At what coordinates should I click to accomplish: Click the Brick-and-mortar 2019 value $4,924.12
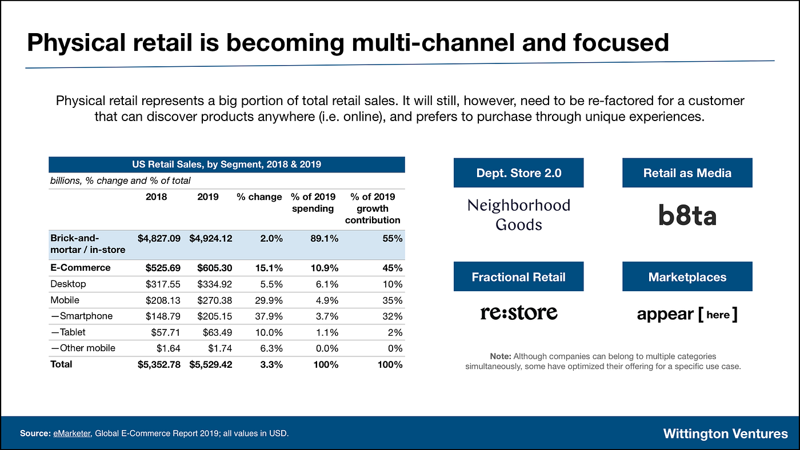[211, 238]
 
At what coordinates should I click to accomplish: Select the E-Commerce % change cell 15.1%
[268, 268]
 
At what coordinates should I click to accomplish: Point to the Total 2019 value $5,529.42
[211, 364]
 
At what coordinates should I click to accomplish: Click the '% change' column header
[259, 196]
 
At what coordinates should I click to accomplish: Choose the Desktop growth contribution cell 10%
[393, 284]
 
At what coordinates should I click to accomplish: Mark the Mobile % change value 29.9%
[268, 300]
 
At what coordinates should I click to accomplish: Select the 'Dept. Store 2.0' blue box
[518, 172]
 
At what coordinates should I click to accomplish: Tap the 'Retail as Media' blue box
[687, 172]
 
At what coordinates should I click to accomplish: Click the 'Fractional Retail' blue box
[518, 277]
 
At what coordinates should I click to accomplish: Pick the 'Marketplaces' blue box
[687, 277]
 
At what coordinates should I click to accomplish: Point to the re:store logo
[518, 312]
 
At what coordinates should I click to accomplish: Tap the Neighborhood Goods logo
[518, 214]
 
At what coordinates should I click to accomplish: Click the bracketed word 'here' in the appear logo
[718, 314]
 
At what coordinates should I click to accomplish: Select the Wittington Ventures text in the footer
[725, 433]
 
